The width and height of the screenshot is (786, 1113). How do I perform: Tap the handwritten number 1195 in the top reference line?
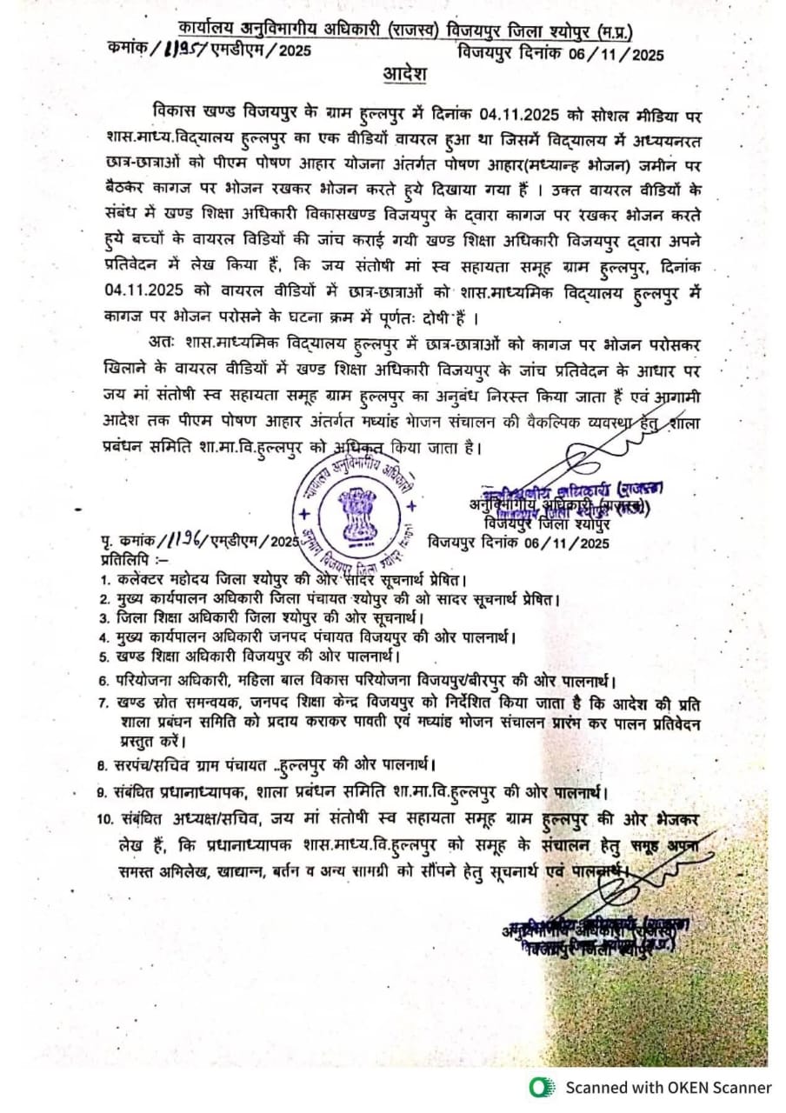[x=180, y=52]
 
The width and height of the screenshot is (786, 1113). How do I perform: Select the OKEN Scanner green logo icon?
[x=543, y=1086]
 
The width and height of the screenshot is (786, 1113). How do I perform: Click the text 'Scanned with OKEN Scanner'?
[x=668, y=1087]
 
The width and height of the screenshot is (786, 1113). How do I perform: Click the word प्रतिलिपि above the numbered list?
[x=123, y=559]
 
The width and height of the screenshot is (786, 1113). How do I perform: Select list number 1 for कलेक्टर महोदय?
[x=103, y=579]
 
